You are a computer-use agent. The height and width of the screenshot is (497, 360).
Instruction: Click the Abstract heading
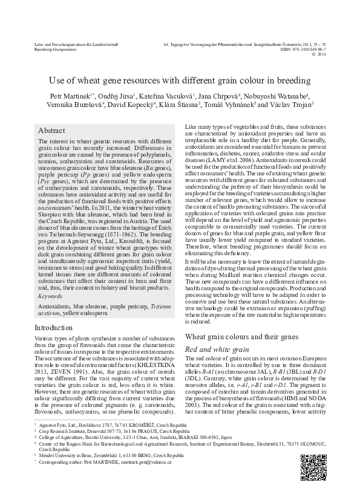51,131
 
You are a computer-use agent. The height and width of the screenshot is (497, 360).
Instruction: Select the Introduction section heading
55,327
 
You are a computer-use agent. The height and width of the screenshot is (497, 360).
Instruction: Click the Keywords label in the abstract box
49,297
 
